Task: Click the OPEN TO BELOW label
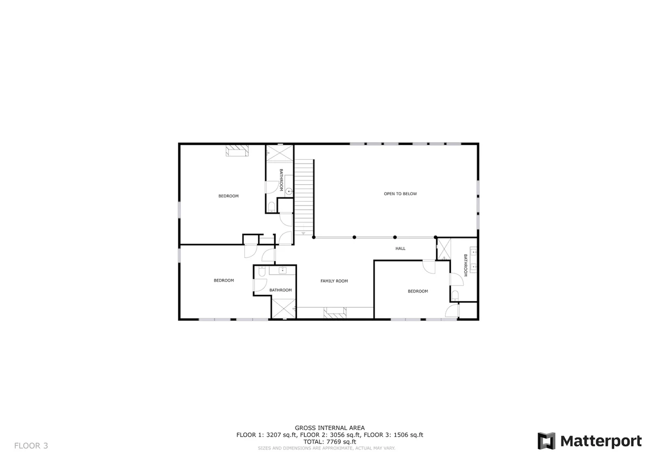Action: (401, 194)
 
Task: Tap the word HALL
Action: (401, 248)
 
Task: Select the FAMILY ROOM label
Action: (334, 281)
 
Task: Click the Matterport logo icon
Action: (546, 441)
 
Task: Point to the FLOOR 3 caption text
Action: (31, 446)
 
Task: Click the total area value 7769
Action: (333, 441)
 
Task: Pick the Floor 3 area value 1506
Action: (401, 435)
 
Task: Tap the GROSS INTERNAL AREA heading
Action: (330, 428)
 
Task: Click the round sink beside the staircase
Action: (288, 191)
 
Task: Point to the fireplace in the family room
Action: (335, 313)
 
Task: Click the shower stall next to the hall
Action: (444, 249)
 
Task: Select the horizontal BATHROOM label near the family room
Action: (280, 290)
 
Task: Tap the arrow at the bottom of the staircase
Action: (303, 233)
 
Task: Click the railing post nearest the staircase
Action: (313, 238)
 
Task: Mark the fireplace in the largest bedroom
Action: (237, 151)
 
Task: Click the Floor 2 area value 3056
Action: (337, 435)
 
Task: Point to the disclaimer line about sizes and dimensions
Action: (326, 448)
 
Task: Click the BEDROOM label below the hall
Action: (418, 291)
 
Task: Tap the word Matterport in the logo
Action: (601, 441)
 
